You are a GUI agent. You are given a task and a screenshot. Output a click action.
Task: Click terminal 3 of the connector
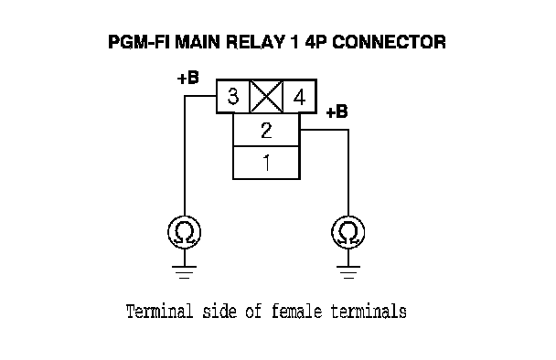232,96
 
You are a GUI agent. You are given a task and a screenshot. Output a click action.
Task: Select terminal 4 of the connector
300,96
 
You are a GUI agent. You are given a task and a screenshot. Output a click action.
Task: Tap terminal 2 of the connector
266,130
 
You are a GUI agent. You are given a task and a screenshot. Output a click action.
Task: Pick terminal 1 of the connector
266,163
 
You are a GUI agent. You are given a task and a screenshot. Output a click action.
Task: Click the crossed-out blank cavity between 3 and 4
266,96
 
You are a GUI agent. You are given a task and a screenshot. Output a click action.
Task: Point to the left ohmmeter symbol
185,232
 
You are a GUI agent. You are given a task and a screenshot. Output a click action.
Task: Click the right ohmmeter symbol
348,232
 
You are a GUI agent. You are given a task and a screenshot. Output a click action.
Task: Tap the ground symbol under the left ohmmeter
185,272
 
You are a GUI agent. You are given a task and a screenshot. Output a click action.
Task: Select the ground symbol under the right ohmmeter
348,272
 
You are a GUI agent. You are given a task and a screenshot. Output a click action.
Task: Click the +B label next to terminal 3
188,78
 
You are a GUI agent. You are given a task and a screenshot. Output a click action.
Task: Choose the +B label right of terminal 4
337,111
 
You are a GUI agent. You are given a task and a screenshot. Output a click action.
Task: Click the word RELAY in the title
255,42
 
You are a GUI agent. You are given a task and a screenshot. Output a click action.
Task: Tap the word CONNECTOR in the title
389,42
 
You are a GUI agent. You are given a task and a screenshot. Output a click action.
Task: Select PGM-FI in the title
139,42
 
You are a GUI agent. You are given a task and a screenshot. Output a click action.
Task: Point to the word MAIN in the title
198,42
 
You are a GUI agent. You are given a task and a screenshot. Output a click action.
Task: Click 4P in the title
315,42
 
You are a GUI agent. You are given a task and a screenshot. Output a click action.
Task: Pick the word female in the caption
297,312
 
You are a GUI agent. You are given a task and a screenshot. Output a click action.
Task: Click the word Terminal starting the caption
159,312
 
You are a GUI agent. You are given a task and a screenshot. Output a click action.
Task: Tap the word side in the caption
219,312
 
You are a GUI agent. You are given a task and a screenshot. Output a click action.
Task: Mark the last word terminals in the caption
369,312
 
